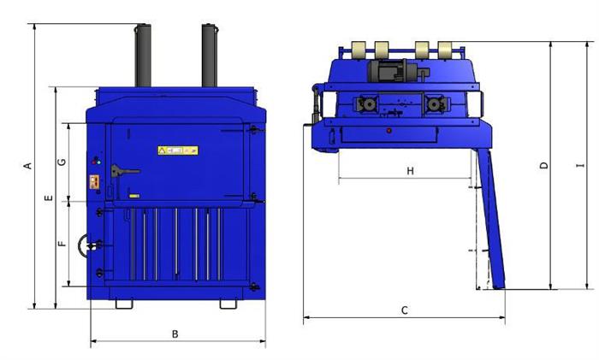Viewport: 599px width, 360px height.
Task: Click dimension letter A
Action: [x=27, y=166]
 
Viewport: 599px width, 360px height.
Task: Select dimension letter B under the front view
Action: [x=175, y=334]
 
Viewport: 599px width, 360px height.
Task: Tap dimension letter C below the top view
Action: [x=405, y=310]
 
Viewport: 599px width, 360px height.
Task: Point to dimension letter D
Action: [x=544, y=165]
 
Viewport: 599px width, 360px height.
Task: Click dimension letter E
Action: [x=49, y=198]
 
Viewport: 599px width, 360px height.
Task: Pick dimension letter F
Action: [x=62, y=243]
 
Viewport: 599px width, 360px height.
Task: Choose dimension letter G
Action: [x=62, y=162]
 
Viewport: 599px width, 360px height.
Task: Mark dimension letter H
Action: [x=410, y=171]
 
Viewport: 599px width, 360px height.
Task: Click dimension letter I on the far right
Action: [x=581, y=165]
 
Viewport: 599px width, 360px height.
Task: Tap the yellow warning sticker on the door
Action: [x=178, y=150]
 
